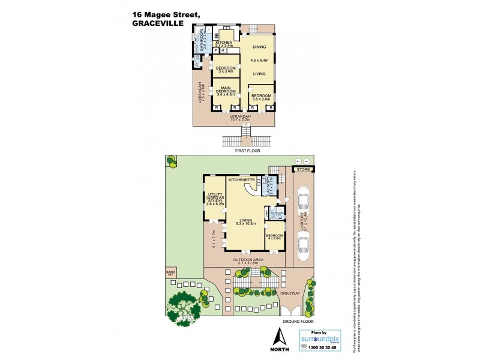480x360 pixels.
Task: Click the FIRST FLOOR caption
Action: pos(248,151)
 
